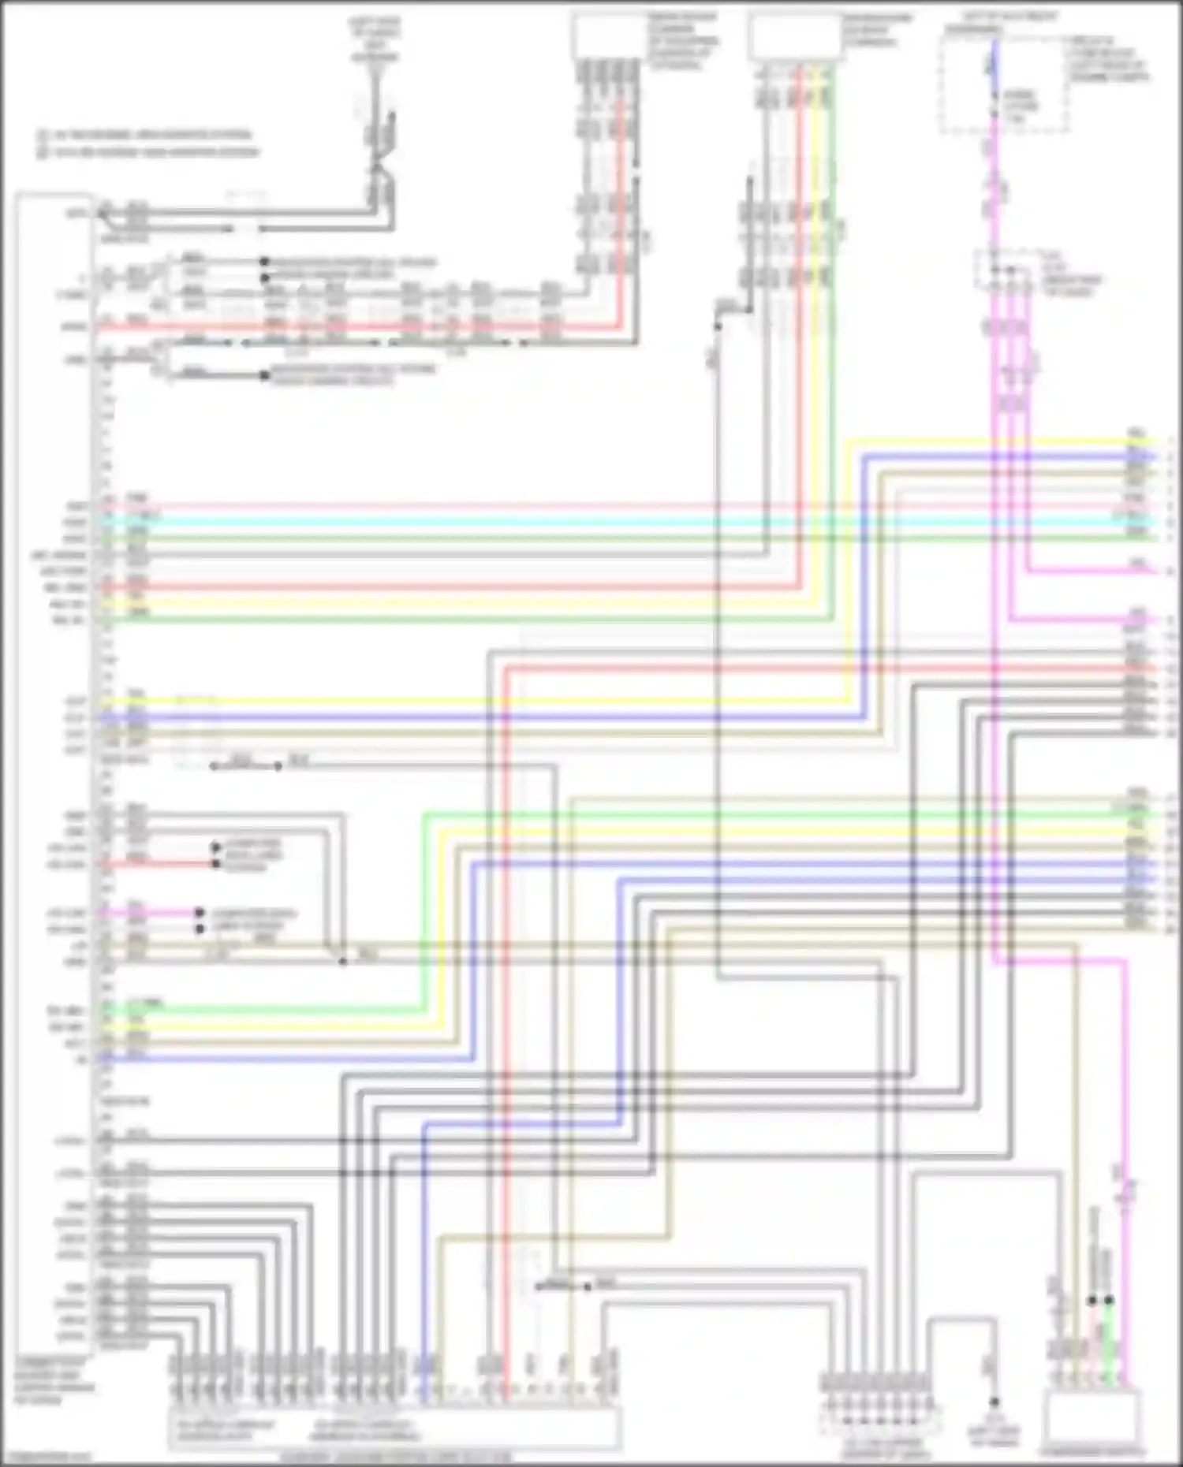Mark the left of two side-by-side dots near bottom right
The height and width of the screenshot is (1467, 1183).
pos(1092,1300)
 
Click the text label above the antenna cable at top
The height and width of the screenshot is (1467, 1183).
pos(375,39)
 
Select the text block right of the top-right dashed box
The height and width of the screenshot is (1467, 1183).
pos(1109,59)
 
